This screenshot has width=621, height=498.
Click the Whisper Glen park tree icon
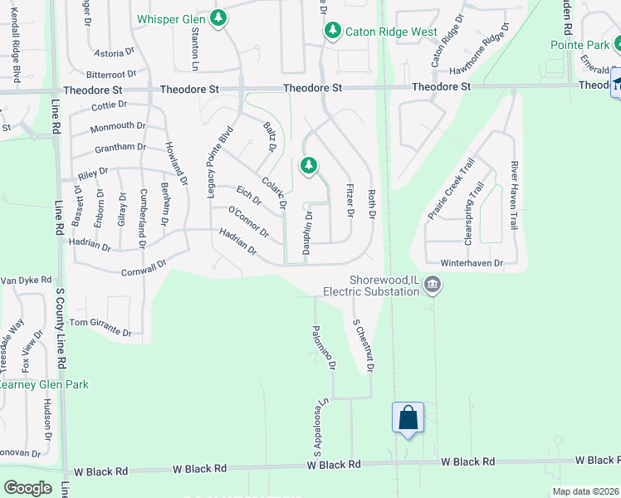(218, 17)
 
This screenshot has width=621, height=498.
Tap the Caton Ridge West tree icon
(333, 31)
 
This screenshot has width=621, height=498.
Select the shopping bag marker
(408, 417)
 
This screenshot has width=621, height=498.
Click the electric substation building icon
(433, 286)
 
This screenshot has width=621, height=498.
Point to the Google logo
(27, 488)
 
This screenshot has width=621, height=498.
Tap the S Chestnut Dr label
(363, 345)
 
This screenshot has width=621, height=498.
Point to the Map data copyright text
(585, 491)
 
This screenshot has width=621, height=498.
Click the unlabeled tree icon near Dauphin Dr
(309, 166)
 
